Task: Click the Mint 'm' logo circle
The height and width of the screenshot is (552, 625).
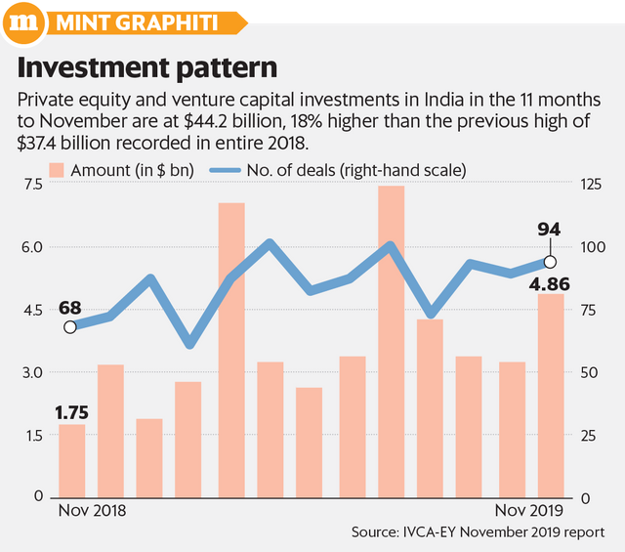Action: point(30,21)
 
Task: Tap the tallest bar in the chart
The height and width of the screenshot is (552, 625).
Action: point(391,341)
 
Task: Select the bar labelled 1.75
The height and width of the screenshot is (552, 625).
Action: point(72,460)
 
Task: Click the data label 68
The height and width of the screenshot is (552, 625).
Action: point(69,308)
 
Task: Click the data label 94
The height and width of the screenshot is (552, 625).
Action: point(550,230)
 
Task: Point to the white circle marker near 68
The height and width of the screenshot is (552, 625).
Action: point(69,327)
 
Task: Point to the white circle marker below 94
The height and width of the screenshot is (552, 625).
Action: point(550,262)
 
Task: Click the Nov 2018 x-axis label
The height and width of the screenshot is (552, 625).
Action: point(93,511)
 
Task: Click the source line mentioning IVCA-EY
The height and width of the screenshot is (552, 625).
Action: point(478,533)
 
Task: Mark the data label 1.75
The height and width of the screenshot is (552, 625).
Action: point(72,412)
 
